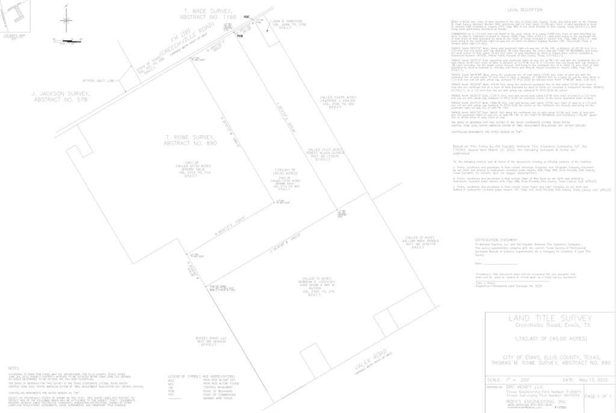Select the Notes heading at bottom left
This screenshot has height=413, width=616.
pyautogui.click(x=13, y=367)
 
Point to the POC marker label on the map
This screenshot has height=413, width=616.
pyautogui.click(x=247, y=17)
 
